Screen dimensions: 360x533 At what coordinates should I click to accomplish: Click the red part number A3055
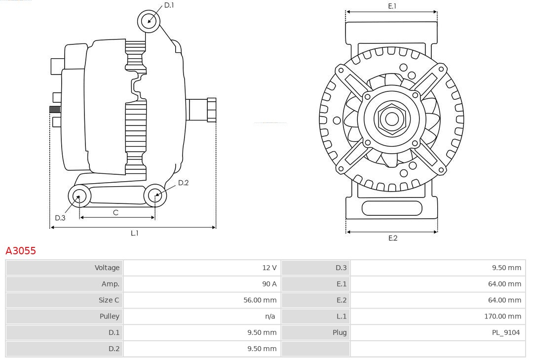21,251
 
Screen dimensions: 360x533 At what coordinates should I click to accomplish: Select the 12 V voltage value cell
269,268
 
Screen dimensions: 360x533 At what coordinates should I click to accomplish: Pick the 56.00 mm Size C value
260,300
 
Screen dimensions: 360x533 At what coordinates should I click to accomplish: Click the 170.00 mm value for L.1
502,317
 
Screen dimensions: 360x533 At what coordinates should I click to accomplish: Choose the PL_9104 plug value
506,333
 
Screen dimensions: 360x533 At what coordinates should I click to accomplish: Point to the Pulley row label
109,317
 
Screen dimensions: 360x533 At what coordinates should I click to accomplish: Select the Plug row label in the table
339,333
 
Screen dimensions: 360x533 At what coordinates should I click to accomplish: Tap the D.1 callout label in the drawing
169,5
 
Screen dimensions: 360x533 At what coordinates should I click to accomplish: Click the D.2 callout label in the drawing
183,183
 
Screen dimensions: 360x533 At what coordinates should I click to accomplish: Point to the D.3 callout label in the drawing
60,218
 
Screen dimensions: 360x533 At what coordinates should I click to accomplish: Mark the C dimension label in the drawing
115,213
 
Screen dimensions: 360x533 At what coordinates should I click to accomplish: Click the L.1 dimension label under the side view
134,233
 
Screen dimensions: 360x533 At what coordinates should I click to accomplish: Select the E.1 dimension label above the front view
392,6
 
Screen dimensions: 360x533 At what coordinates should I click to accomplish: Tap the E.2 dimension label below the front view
392,238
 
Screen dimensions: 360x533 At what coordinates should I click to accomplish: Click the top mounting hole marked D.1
149,21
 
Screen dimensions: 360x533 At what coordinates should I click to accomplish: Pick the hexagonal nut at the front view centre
391,119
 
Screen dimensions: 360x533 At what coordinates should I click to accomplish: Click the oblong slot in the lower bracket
392,208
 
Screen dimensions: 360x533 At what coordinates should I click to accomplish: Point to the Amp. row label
111,284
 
